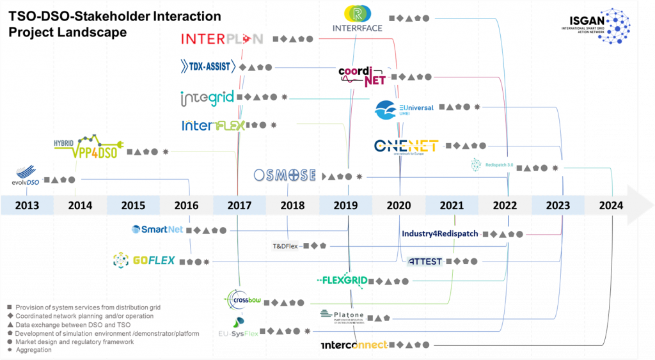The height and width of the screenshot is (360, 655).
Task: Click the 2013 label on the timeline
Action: click(27, 205)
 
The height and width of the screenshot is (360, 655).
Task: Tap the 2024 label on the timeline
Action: click(613, 205)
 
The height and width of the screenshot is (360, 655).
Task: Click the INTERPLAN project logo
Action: click(221, 39)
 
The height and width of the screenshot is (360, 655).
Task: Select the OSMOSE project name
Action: click(285, 175)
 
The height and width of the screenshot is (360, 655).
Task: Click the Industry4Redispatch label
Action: click(439, 234)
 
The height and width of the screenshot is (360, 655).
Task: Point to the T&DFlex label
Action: click(285, 246)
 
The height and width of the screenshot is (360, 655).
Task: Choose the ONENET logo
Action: click(406, 146)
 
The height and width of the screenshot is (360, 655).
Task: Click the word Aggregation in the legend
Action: click(34, 350)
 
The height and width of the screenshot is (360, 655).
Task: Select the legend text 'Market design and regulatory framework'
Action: click(75, 341)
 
